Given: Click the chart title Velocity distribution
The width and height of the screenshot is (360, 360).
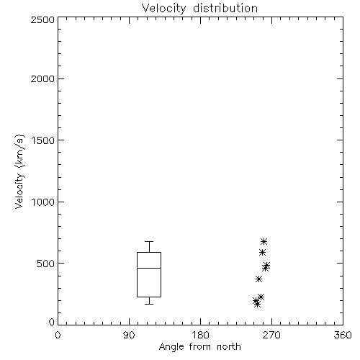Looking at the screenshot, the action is tap(199, 8).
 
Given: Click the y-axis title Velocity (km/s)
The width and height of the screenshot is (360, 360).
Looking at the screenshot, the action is tap(19, 171).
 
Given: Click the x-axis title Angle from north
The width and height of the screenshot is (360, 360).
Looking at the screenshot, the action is tap(199, 346).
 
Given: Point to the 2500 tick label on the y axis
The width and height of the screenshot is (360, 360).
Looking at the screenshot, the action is tap(42, 19).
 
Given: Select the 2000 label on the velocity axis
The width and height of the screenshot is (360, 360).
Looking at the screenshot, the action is tap(42, 78).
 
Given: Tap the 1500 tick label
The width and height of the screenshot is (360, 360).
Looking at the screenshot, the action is tap(43, 140).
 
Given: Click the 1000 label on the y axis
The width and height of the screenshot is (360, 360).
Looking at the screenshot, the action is tap(43, 202).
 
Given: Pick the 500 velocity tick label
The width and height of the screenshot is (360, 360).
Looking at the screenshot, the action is tap(46, 264).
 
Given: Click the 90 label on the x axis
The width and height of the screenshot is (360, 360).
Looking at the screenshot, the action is tap(129, 335).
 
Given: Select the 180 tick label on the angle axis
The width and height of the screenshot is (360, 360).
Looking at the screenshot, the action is tap(200, 335).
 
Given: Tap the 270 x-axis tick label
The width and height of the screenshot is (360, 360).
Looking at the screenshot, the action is tap(271, 335).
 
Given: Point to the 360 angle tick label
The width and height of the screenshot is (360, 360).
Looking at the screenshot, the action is tap(343, 335).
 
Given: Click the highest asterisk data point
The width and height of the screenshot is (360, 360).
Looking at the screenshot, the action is tap(264, 241).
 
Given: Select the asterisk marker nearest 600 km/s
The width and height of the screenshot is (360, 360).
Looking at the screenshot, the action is tap(262, 252).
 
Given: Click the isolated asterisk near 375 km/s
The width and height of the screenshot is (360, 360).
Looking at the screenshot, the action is tap(258, 279).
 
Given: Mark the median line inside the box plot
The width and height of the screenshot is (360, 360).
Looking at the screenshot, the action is tap(149, 268).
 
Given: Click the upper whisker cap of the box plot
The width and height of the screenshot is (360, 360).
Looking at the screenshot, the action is tap(149, 241).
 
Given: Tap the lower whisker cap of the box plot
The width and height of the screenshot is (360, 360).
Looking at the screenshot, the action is tap(149, 304).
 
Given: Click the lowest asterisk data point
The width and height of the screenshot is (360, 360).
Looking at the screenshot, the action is tap(257, 305).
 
